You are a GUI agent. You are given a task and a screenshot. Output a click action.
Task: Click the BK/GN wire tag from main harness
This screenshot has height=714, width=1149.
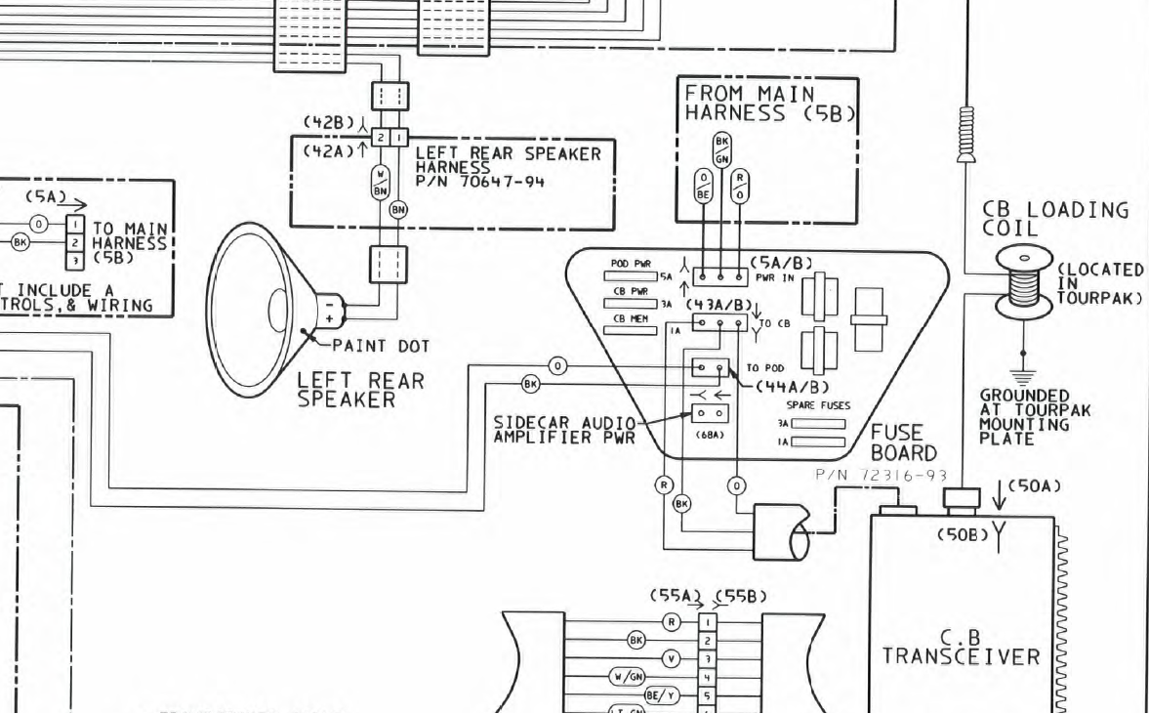pyautogui.click(x=722, y=149)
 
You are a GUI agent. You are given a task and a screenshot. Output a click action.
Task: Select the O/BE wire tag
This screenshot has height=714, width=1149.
pyautogui.click(x=703, y=186)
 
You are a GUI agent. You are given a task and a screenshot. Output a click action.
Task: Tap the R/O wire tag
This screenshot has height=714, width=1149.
pyautogui.click(x=742, y=186)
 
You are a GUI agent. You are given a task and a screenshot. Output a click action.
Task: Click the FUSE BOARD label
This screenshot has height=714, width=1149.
pyautogui.click(x=903, y=442)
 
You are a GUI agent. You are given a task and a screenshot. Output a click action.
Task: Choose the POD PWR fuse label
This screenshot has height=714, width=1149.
pyautogui.click(x=631, y=264)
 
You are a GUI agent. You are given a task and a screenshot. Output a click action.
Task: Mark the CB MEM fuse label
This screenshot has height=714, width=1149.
pyautogui.click(x=631, y=318)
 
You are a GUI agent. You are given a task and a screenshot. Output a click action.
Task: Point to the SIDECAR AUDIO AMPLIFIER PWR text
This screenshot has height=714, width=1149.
pyautogui.click(x=564, y=430)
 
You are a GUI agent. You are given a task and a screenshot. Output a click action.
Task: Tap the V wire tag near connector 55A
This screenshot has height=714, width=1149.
pyautogui.click(x=671, y=658)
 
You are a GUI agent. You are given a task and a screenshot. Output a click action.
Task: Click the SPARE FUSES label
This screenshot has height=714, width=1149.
pyautogui.click(x=818, y=405)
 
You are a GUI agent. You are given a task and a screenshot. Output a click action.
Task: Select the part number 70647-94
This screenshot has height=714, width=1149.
pyautogui.click(x=480, y=182)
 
